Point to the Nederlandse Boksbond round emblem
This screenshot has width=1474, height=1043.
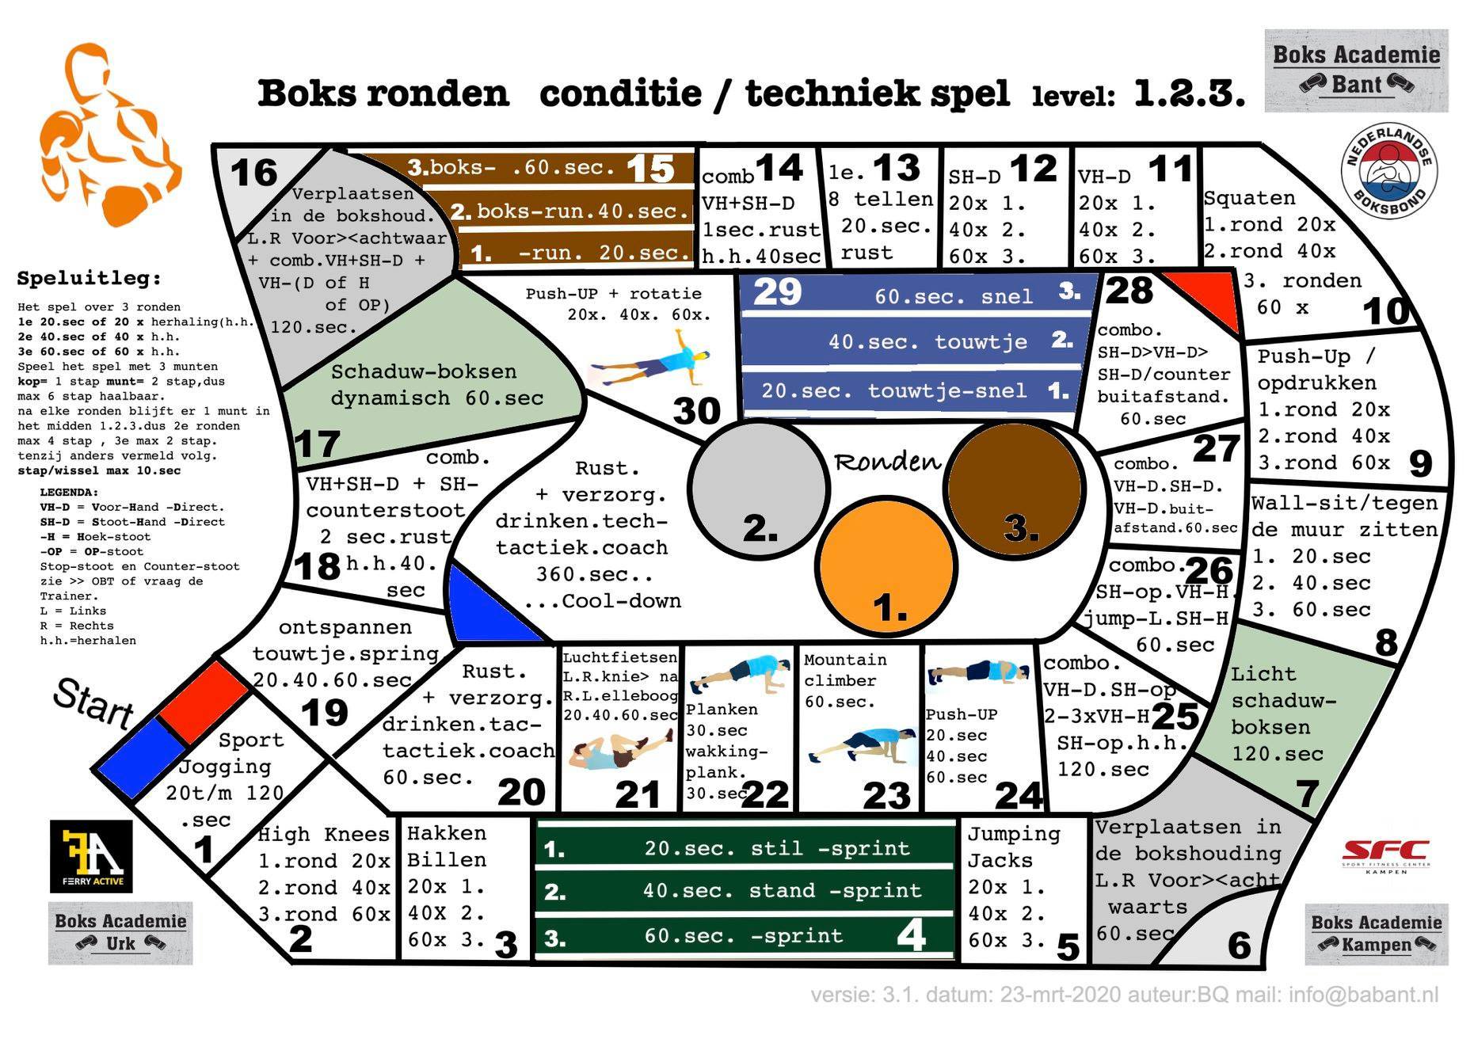click(1388, 171)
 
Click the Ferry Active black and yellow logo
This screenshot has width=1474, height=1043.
click(91, 856)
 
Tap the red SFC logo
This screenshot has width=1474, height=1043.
click(1385, 855)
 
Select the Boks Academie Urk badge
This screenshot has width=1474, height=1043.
click(120, 933)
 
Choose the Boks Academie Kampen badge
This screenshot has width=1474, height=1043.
click(1376, 934)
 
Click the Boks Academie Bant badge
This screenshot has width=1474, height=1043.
click(1356, 70)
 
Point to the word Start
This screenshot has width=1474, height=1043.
click(93, 702)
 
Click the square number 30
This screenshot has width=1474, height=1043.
click(696, 410)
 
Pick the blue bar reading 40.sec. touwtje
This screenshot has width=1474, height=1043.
click(911, 341)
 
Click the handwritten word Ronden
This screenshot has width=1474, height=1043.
click(887, 462)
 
